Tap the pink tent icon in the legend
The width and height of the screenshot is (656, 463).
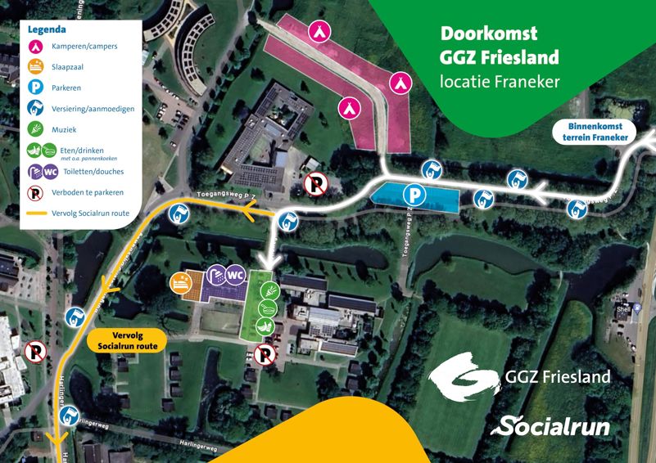click(x=36, y=46)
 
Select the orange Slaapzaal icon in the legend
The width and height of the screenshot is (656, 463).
click(x=36, y=66)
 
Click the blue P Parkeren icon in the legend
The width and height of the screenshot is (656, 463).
click(x=36, y=87)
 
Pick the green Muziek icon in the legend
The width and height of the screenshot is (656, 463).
click(x=36, y=128)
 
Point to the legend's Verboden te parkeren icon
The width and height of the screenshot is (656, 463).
click(x=36, y=193)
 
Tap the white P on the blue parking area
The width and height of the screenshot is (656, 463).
click(x=417, y=196)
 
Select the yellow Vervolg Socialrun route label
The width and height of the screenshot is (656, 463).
click(x=128, y=340)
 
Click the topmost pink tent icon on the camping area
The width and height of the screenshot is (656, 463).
click(x=319, y=31)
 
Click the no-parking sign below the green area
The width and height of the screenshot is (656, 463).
click(x=264, y=354)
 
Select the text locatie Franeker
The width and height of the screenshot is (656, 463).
click(x=500, y=82)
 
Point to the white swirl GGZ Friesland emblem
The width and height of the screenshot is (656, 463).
click(x=463, y=375)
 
